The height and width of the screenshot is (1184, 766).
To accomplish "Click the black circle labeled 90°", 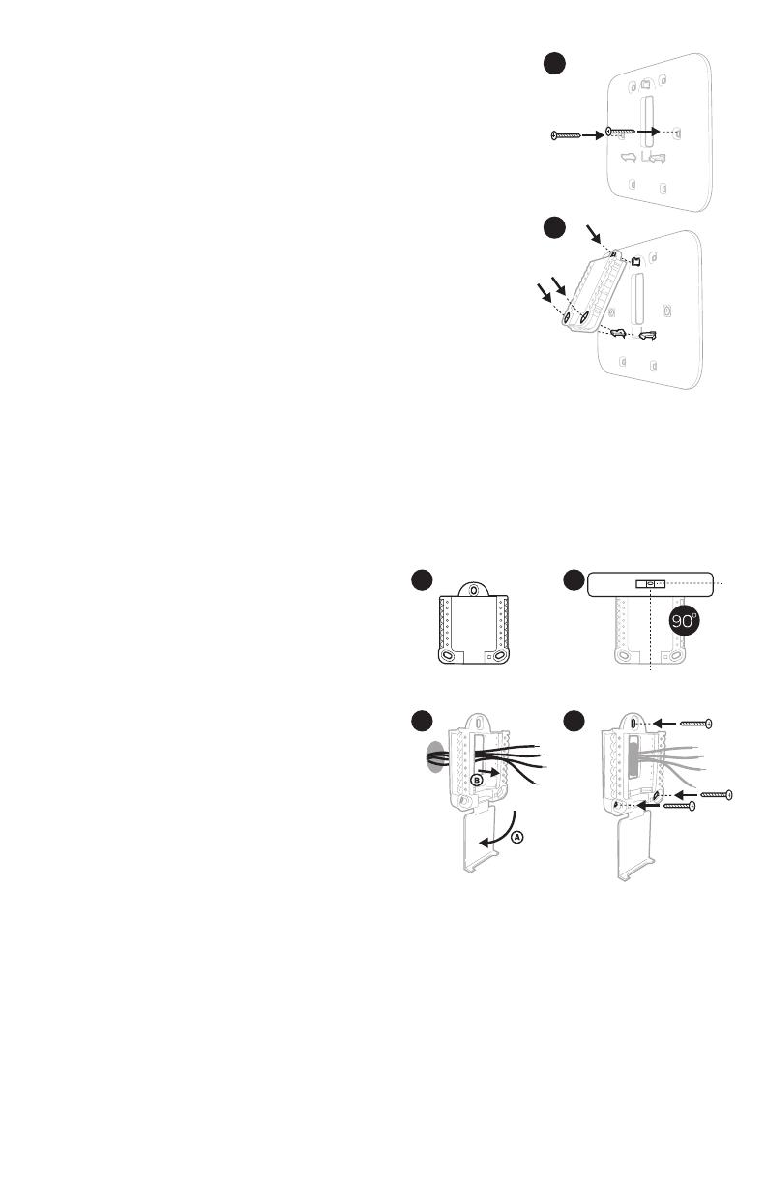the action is pyautogui.click(x=684, y=621).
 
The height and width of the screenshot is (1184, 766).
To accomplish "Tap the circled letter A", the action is pyautogui.click(x=517, y=837).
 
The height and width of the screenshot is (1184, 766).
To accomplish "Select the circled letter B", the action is pyautogui.click(x=476, y=780).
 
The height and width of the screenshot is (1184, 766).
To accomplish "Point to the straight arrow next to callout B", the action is pyautogui.click(x=489, y=772).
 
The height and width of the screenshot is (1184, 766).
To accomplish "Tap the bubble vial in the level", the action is pyautogui.click(x=650, y=583).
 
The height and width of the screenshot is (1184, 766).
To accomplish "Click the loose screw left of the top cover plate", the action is pyautogui.click(x=566, y=135).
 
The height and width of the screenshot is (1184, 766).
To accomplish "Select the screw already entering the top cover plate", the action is pyautogui.click(x=620, y=132).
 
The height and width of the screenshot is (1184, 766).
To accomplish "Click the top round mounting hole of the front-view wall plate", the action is pyautogui.click(x=474, y=590).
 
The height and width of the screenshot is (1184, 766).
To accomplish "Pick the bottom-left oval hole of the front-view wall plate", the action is pyautogui.click(x=447, y=656).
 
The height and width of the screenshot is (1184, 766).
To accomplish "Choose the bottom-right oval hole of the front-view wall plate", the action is pyautogui.click(x=499, y=656).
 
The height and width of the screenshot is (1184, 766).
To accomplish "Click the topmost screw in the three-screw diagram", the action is pyautogui.click(x=695, y=724).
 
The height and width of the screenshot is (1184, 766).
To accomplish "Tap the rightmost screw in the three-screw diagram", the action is pyautogui.click(x=717, y=794).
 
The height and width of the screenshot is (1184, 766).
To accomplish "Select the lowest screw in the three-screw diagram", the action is pyautogui.click(x=679, y=806).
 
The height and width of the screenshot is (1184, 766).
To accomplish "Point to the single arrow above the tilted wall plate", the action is pyautogui.click(x=594, y=235).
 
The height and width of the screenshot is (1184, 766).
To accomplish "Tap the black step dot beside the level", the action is pyautogui.click(x=574, y=580).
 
